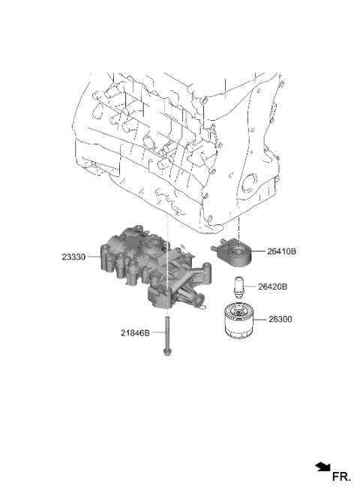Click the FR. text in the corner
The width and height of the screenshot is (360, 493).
[341, 476]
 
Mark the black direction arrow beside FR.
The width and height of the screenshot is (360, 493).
[322, 467]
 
